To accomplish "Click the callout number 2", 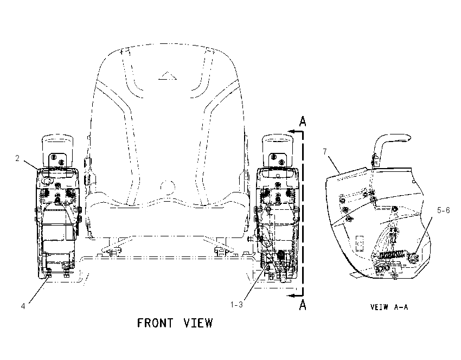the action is (x=17, y=158).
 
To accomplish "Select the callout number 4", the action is (x=23, y=306).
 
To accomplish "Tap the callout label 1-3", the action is (x=236, y=305).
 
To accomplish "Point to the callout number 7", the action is (x=325, y=152).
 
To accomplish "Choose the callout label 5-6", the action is (x=443, y=210).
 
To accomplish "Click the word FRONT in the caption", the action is (x=155, y=323).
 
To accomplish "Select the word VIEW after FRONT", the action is (x=198, y=323).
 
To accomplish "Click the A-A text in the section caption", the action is (x=401, y=307).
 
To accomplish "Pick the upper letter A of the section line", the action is (x=303, y=121).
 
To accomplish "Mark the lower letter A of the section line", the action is (x=303, y=305).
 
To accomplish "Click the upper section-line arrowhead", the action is (x=291, y=132).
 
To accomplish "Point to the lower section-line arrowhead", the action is (x=291, y=295).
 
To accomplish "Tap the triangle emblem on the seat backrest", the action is (x=167, y=76).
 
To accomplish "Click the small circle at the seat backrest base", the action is (x=168, y=187).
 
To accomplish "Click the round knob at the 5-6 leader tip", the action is (x=414, y=258).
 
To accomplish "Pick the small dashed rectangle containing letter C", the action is (x=359, y=243).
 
